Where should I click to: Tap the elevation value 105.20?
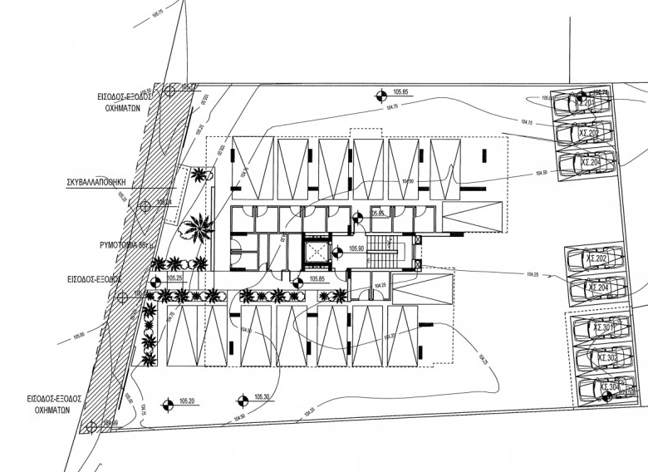coord(185,401)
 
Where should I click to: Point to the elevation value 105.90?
coord(356,248)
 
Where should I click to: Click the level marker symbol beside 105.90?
coord(336,251)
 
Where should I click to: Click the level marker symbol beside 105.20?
coord(166,405)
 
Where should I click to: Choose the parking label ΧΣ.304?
coord(609,387)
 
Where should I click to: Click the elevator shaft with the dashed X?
coord(317,250)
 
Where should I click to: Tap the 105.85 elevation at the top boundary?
coord(403,92)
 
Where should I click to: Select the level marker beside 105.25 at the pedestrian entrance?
coord(154,282)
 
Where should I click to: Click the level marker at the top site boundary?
coord(381,96)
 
